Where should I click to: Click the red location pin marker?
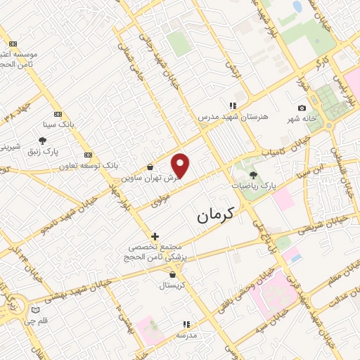pos(181,165)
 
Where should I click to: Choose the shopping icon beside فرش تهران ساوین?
pos(151,167)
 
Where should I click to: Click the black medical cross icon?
pos(155,236)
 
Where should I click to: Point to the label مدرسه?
pos(186,335)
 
